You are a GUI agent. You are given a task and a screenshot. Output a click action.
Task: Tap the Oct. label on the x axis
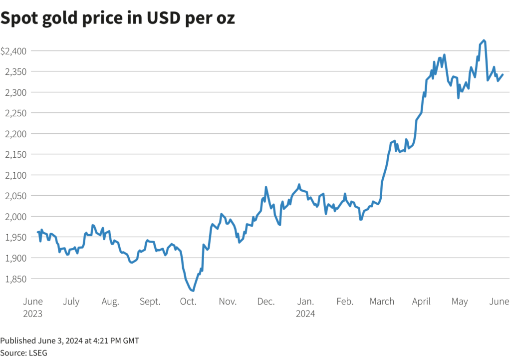pyautogui.click(x=188, y=302)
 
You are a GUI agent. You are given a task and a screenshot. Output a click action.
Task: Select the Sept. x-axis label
pyautogui.click(x=150, y=302)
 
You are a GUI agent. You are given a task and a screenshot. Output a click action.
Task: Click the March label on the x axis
pyautogui.click(x=382, y=302)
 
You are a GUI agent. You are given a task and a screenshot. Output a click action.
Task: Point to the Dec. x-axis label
pyautogui.click(x=266, y=302)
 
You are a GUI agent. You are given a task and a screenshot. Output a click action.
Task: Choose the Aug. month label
pyautogui.click(x=110, y=302)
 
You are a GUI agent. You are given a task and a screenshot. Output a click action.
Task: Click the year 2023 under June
pyautogui.click(x=33, y=314)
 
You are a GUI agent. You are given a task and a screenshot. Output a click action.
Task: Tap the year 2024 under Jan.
pyautogui.click(x=305, y=314)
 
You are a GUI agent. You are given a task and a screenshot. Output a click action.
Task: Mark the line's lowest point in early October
pyautogui.click(x=193, y=291)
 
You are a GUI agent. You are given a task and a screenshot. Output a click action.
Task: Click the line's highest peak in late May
pyautogui.click(x=484, y=40)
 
